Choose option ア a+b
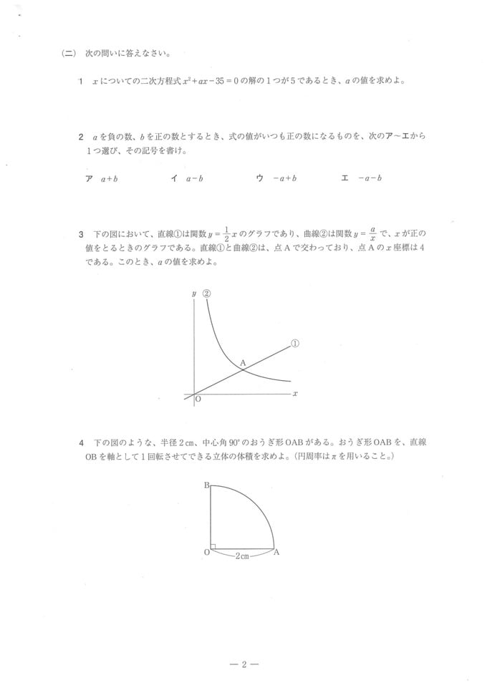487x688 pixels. point(101,178)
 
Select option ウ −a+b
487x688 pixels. point(276,178)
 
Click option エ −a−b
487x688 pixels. point(362,178)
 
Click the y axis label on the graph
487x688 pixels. point(194,294)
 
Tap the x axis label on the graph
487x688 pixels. point(295,394)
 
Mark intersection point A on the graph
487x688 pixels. point(243,363)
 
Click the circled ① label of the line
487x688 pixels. point(294,344)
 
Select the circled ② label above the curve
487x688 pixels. point(207,294)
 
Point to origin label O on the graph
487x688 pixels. point(198,401)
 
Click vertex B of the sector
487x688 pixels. point(206,486)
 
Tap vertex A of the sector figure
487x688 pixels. point(276,553)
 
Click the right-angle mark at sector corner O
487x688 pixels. point(213,546)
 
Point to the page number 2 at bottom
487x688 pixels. point(243,665)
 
